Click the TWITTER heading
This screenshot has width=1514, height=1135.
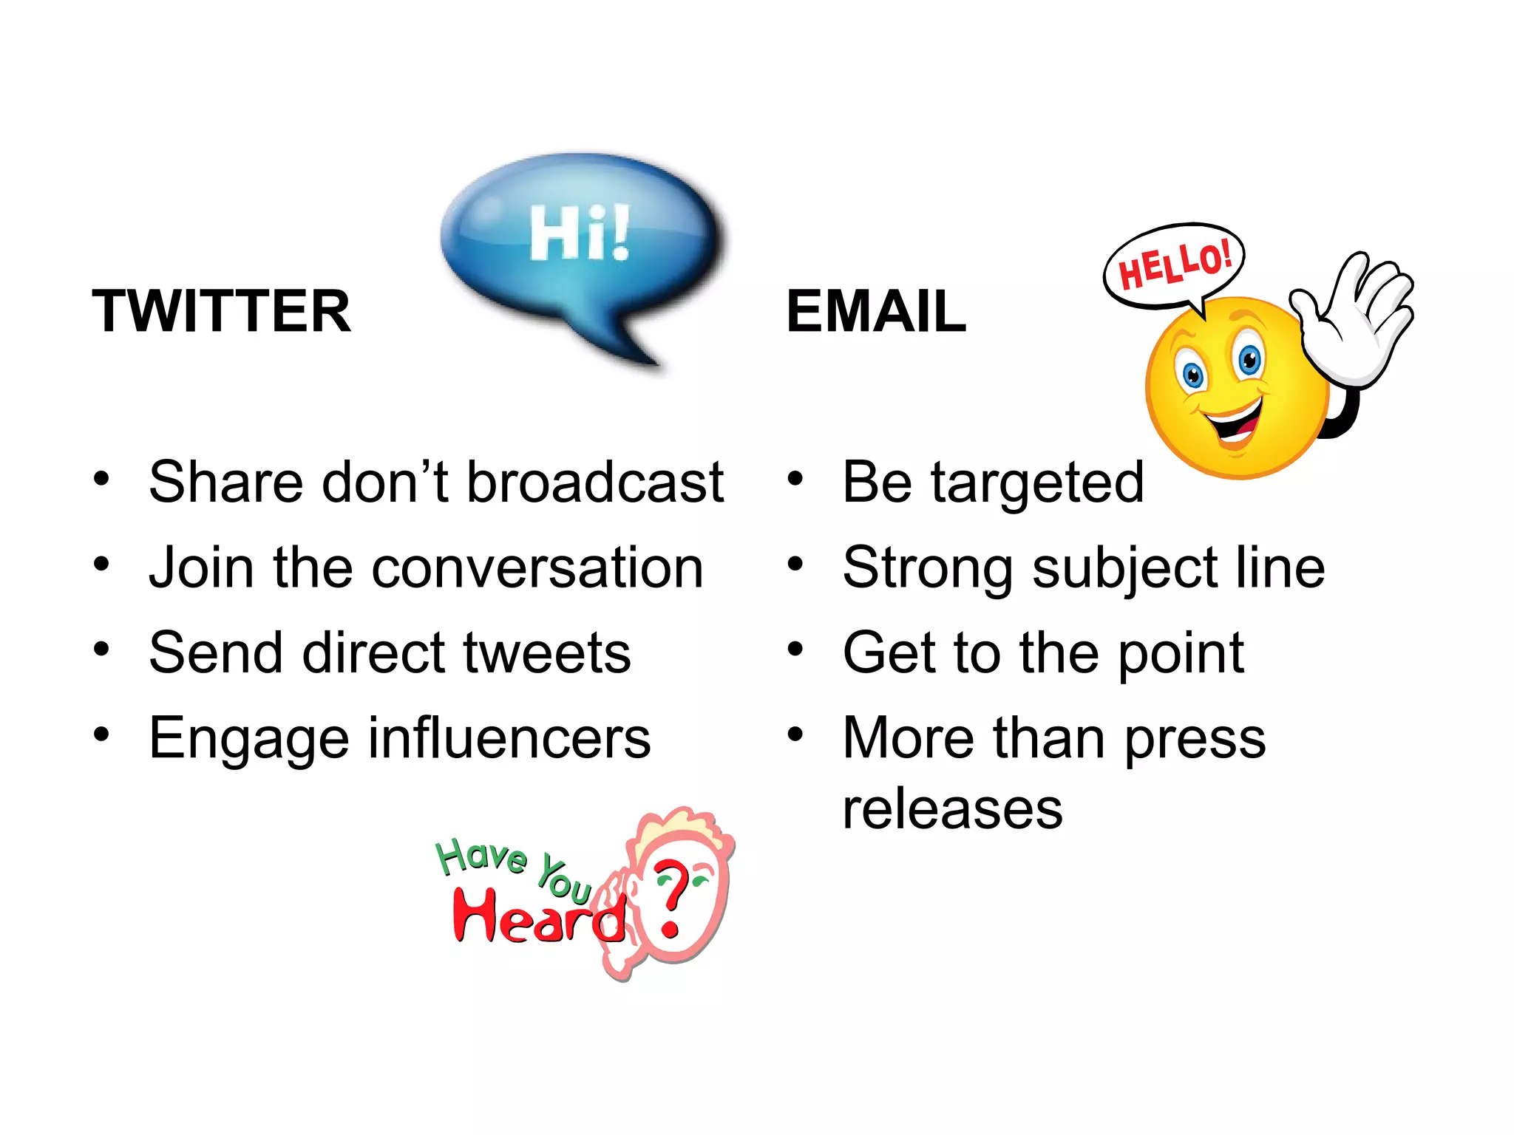pos(221,311)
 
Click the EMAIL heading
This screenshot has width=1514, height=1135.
pos(876,311)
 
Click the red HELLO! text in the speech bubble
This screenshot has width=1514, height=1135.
pos(1175,265)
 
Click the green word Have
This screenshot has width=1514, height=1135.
pos(481,857)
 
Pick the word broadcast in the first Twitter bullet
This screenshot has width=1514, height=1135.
pos(595,482)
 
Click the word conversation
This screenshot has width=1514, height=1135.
pos(537,567)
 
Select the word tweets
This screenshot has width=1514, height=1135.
pos(547,652)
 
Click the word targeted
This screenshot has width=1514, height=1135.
pos(1036,483)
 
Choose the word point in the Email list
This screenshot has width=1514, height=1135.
pos(1181,654)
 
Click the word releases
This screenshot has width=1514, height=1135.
pos(952,808)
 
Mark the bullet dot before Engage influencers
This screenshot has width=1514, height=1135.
pos(101,734)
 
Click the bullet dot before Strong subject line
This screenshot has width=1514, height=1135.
pos(795,565)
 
